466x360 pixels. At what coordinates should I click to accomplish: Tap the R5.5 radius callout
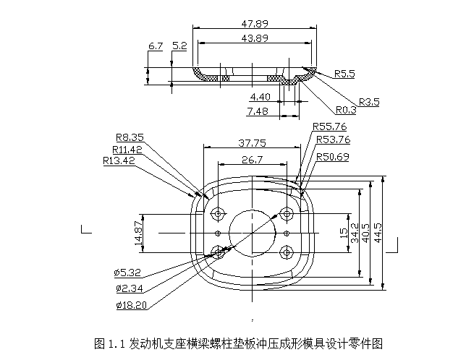click(345, 74)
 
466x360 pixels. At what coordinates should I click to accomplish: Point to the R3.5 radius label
click(368, 102)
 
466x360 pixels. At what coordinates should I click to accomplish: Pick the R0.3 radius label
click(346, 111)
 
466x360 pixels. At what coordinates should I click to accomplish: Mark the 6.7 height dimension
click(155, 46)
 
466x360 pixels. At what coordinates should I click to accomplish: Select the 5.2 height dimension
click(179, 46)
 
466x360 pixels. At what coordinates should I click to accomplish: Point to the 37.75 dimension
click(253, 142)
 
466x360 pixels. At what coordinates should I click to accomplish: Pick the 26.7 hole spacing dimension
click(253, 159)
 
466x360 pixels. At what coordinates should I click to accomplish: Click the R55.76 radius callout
click(330, 127)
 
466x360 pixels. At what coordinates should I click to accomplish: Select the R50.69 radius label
click(333, 157)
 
